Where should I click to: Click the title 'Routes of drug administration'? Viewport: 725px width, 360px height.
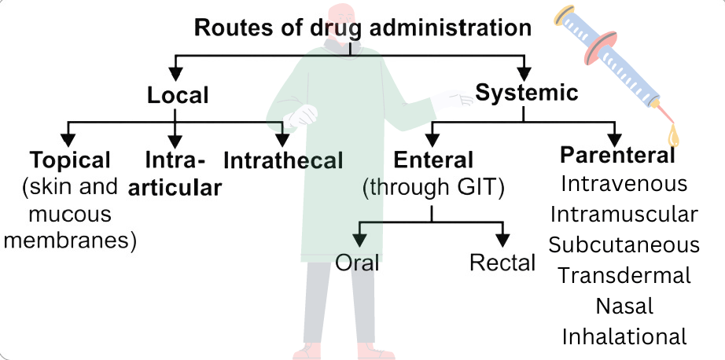point(362,28)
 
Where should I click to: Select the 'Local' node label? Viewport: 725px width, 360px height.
point(178,95)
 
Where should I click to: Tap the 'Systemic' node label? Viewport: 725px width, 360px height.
point(527,93)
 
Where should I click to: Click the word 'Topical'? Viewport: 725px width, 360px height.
point(70,160)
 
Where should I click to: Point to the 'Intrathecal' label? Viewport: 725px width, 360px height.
point(283,161)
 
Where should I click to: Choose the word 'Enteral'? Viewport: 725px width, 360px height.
point(433,160)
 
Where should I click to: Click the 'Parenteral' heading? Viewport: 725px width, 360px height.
point(617,156)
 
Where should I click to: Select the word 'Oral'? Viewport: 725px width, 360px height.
point(357,263)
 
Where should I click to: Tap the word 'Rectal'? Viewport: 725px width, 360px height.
point(502,263)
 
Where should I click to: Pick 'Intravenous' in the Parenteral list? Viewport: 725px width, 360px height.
point(624,183)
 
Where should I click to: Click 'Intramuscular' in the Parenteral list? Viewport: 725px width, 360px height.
point(624,215)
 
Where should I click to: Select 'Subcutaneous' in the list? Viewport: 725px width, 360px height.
point(624,245)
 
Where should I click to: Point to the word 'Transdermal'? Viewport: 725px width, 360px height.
point(624,275)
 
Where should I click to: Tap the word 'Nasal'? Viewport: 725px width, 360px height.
point(624,306)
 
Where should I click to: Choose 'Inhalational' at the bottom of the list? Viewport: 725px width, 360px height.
point(624,336)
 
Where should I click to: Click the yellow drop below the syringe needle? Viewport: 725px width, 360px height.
point(673,137)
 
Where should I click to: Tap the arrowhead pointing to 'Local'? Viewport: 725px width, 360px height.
point(175,73)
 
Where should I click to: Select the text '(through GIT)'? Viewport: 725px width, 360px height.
point(432,189)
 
